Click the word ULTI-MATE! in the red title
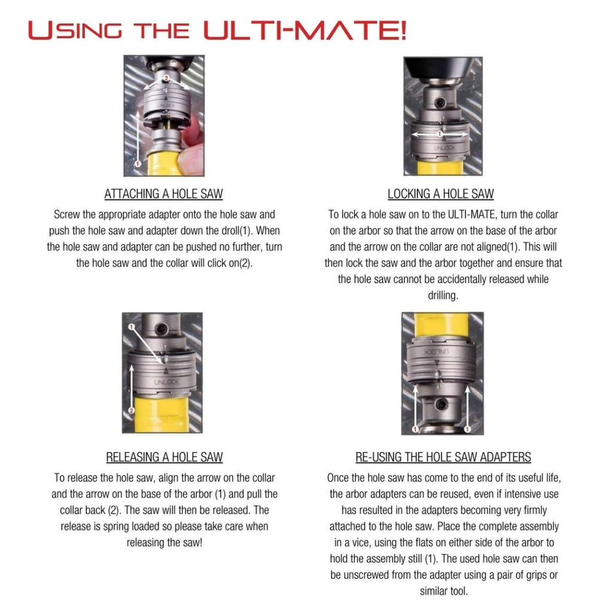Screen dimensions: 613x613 (x=305, y=30)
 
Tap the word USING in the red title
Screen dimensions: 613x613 (x=75, y=30)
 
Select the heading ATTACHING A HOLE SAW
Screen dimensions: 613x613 (x=163, y=194)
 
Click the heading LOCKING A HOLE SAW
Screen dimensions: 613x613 (x=441, y=194)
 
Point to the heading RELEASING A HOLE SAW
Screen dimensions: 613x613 (x=164, y=457)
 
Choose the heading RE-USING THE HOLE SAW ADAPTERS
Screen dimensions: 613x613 (x=443, y=457)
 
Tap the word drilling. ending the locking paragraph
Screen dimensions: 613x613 (x=442, y=296)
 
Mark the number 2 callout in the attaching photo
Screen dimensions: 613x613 (x=166, y=78)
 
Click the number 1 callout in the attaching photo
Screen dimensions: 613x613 (x=137, y=163)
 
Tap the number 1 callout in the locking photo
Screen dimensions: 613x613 (x=440, y=134)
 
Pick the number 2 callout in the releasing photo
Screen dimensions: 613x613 (x=131, y=410)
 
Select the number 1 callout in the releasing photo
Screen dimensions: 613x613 (x=131, y=326)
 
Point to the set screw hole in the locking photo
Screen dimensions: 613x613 (x=440, y=103)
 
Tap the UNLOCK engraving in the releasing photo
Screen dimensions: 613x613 (x=166, y=382)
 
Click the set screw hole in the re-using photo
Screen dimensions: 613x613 (x=441, y=405)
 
